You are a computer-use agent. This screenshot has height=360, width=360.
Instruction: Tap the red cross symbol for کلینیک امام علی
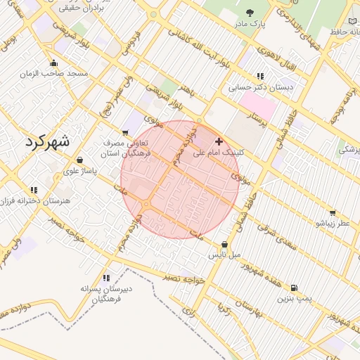point(219,141)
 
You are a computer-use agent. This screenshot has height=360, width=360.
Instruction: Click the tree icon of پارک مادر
point(250,12)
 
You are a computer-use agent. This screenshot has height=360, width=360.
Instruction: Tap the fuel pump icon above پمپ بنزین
point(293,288)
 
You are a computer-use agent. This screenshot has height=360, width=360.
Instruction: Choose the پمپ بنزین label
point(293,299)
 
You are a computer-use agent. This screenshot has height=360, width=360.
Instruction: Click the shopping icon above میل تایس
point(224,244)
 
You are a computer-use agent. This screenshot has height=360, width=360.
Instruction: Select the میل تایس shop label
point(224,255)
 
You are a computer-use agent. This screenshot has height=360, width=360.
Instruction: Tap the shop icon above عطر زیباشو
point(332,212)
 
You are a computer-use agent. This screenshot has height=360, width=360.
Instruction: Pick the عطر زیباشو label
point(332,223)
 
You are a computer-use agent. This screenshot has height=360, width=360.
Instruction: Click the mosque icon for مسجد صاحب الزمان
point(54,63)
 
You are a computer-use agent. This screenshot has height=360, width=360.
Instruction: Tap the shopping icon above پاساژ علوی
point(79,160)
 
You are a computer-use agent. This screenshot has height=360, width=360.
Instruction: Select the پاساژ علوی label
point(79,170)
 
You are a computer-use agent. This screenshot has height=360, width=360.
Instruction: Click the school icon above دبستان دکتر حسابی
point(260,76)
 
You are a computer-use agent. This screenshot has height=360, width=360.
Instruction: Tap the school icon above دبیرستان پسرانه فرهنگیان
point(106,278)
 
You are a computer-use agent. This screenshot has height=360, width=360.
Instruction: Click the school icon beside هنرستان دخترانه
point(33,190)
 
